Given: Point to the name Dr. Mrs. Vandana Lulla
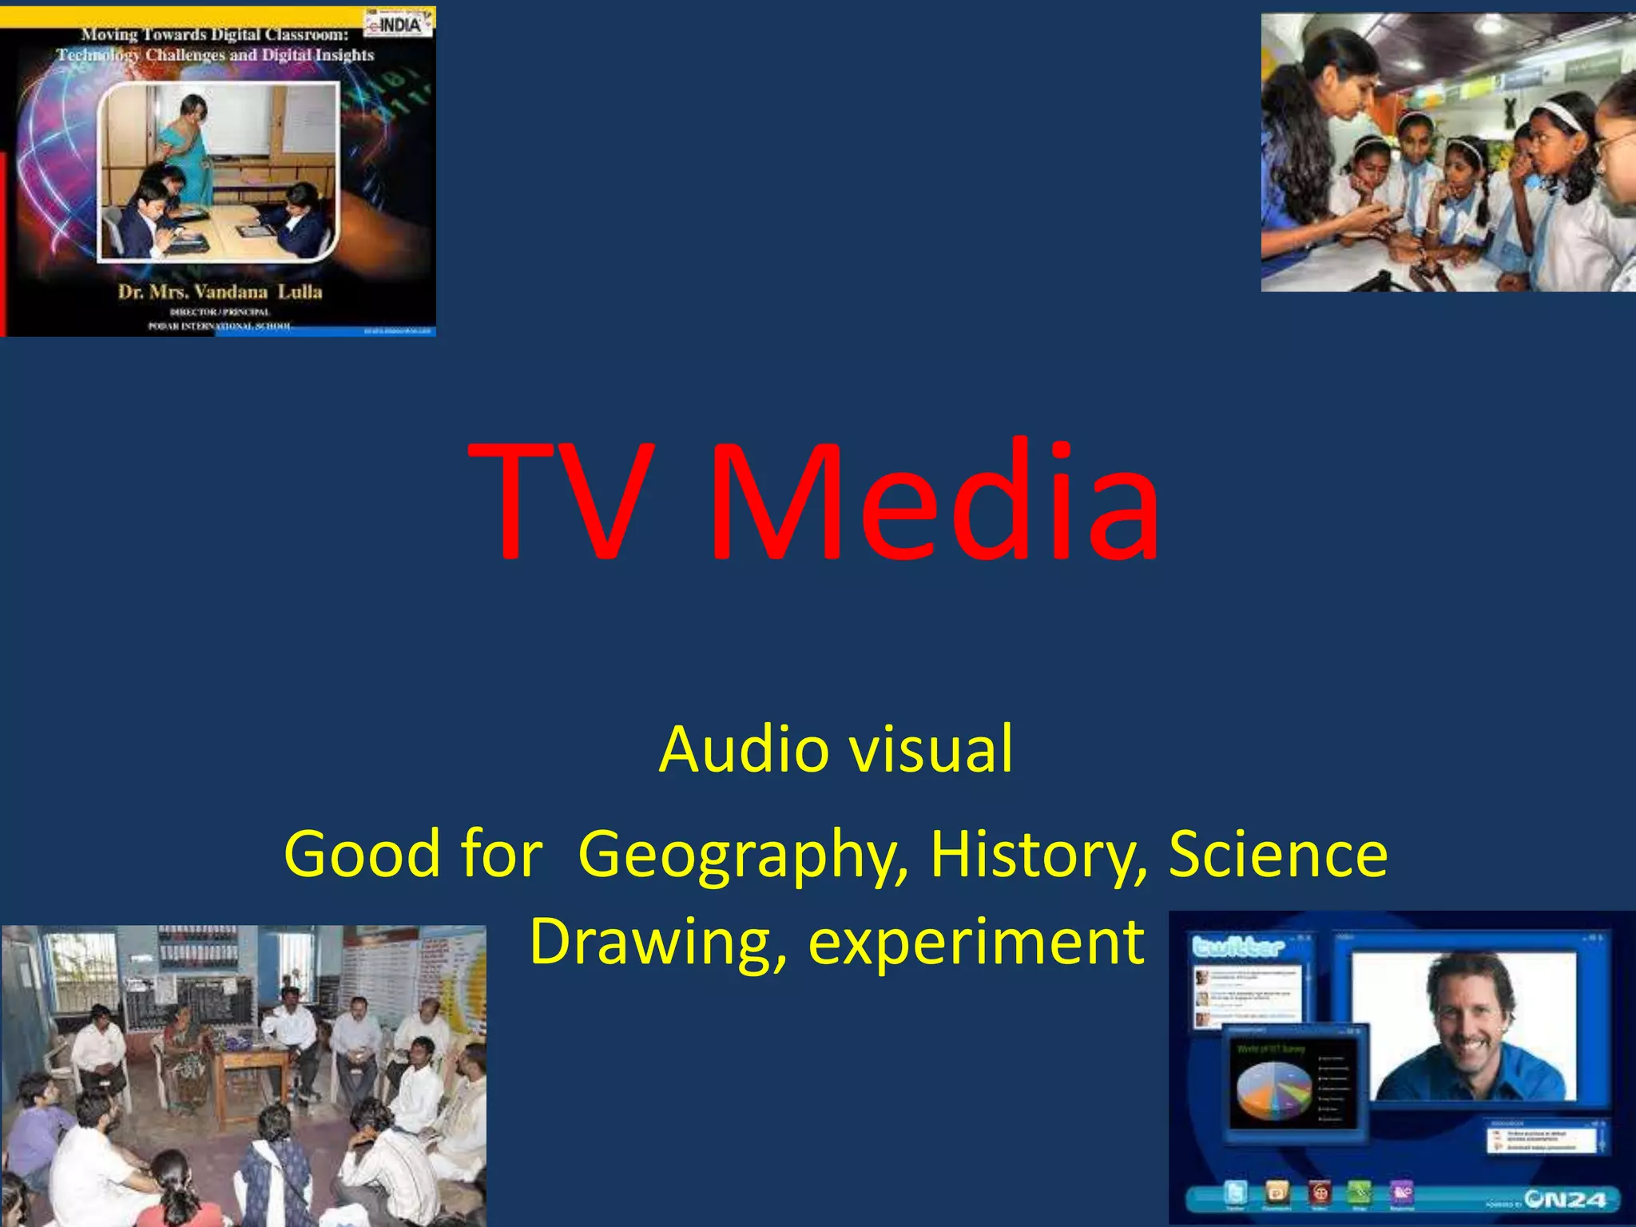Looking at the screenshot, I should click(x=220, y=292).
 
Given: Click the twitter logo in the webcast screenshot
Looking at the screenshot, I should click(x=1238, y=947).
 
